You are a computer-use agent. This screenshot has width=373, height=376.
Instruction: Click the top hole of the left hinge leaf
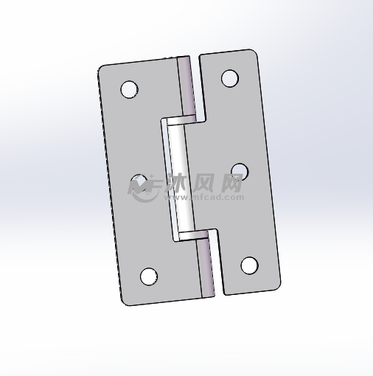click(129, 89)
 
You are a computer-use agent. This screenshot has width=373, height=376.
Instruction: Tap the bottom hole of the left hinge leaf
click(149, 276)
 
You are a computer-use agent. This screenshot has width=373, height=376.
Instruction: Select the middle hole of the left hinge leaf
click(139, 182)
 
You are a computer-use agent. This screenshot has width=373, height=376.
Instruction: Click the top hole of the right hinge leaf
click(229, 77)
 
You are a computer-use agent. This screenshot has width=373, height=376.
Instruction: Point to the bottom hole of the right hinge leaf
click(249, 265)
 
